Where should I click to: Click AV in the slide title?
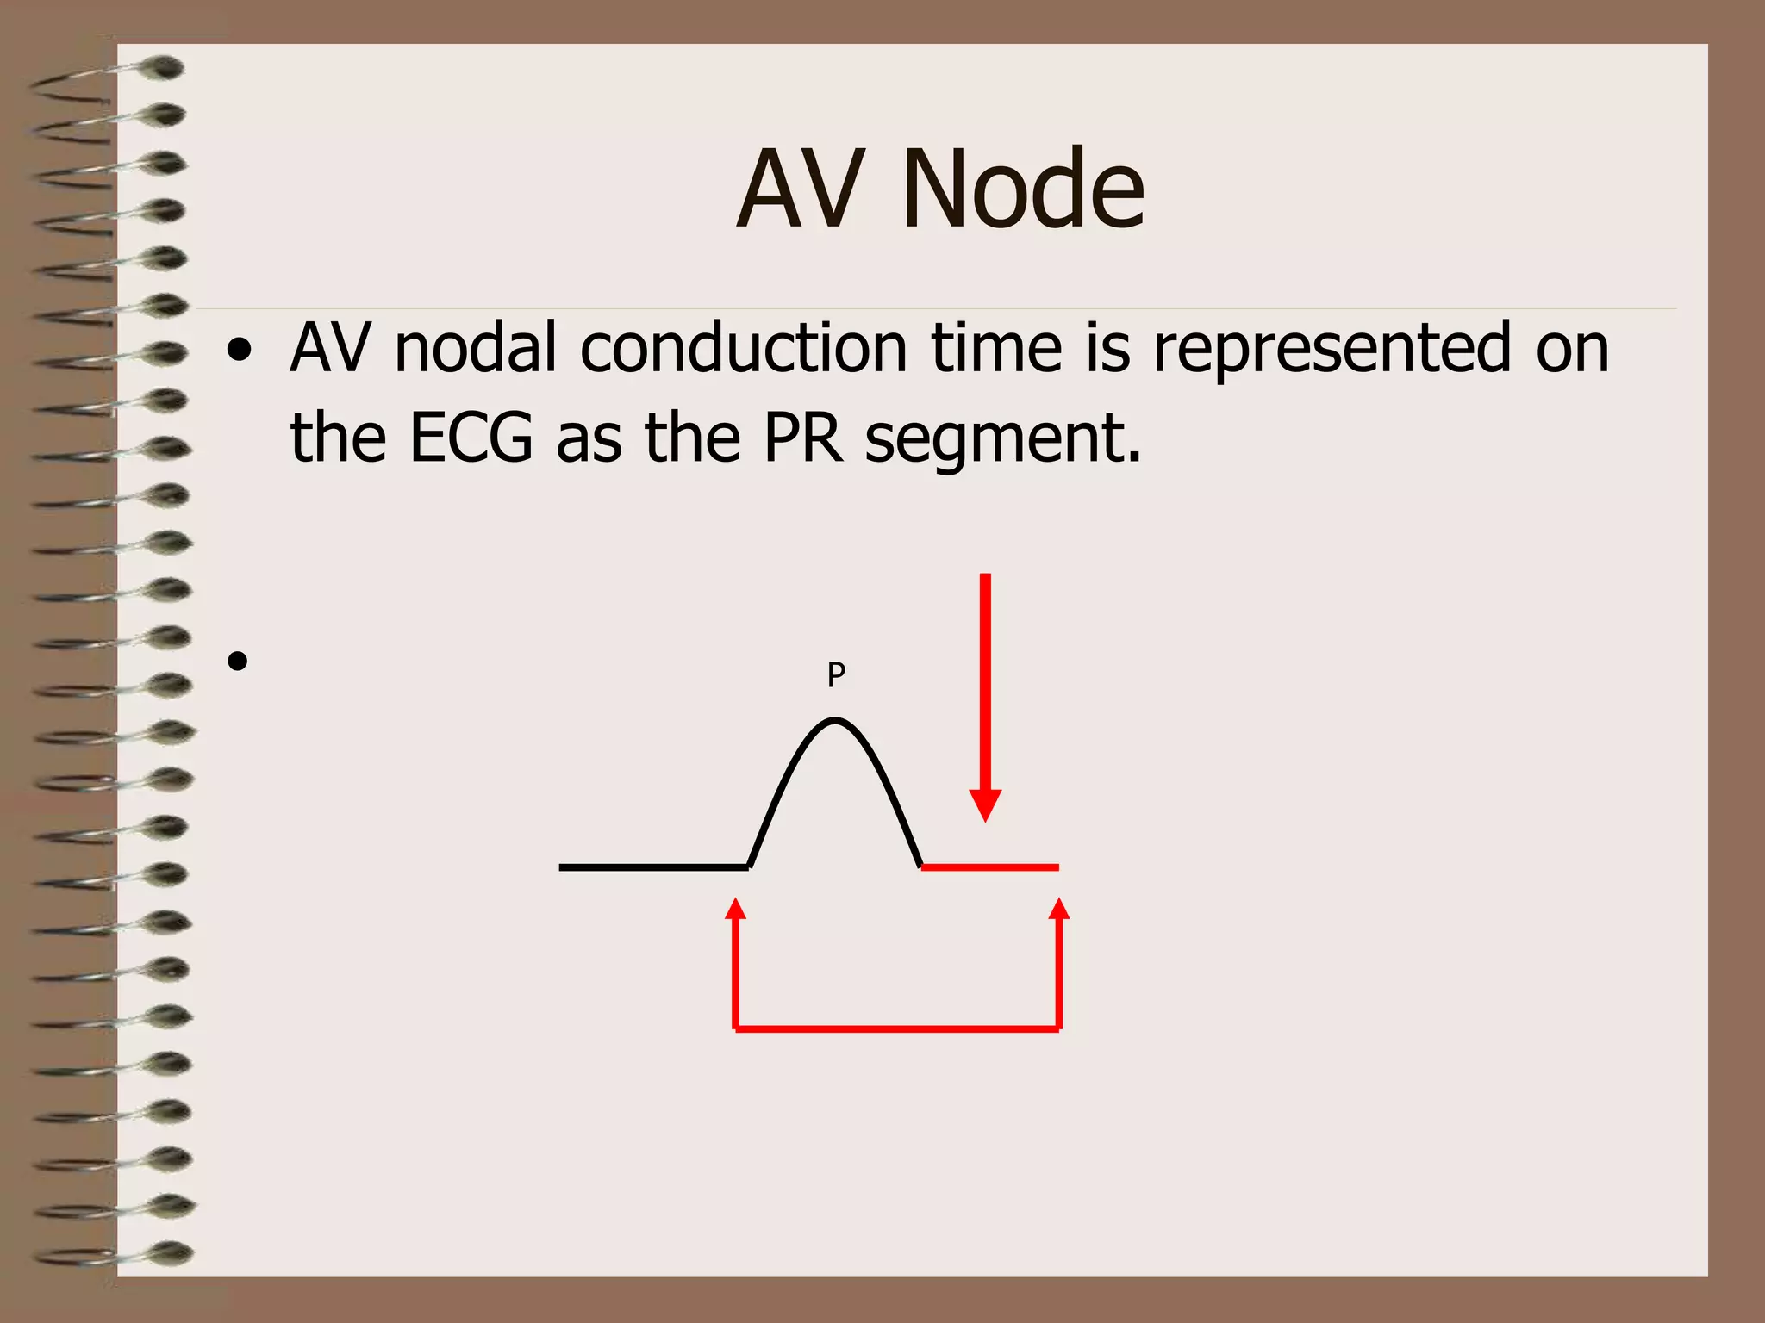tap(801, 189)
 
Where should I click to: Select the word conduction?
tap(744, 348)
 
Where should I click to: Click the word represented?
tap(1332, 348)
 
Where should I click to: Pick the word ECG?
tap(471, 438)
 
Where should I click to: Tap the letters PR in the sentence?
tap(803, 438)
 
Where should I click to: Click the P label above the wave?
tap(836, 674)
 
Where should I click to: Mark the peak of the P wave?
tap(834, 720)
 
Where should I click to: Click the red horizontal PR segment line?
tap(990, 867)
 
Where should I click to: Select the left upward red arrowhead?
tap(735, 910)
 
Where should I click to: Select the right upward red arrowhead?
tap(1059, 910)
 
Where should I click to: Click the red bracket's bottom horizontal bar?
tap(896, 1028)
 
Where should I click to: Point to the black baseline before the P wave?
tap(653, 867)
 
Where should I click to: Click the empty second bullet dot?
tap(239, 661)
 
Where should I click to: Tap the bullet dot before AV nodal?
tap(240, 351)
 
